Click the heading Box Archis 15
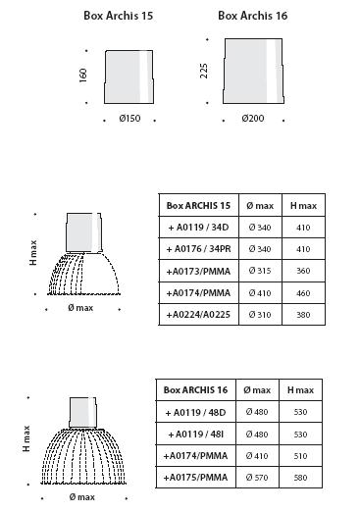coord(119,16)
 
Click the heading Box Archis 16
coord(253,16)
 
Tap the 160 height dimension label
coord(83,76)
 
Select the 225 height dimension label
coord(203,71)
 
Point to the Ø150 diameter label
coord(129,118)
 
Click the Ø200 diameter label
coord(253,118)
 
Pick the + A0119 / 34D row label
coord(198,227)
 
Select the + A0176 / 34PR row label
coord(198,249)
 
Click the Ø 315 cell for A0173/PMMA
coord(260,271)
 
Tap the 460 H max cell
coord(303,293)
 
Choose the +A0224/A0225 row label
coord(198,315)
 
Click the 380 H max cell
coord(303,315)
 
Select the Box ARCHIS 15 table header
coord(198,205)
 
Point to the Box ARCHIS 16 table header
coord(195,389)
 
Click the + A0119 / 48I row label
coord(196,435)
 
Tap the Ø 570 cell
coord(257,478)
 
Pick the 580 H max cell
coord(300,478)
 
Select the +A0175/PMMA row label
coord(195,478)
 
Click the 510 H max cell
coord(300,456)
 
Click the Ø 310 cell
coord(260,315)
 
